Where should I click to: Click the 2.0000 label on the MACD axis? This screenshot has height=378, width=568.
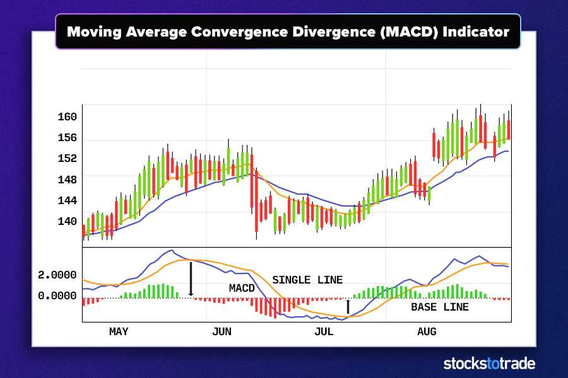[57, 275]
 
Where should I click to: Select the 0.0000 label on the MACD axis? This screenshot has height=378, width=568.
[57, 295]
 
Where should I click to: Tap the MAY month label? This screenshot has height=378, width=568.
[119, 331]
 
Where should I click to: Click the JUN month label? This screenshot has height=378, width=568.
[222, 331]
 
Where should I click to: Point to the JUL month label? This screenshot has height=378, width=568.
[324, 331]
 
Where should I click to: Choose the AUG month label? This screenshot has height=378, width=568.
[427, 331]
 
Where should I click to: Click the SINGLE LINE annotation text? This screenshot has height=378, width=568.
[307, 280]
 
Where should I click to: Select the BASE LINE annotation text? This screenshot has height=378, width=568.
[440, 307]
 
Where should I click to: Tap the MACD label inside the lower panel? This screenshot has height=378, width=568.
[242, 289]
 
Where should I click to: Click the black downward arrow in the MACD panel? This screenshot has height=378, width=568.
[191, 278]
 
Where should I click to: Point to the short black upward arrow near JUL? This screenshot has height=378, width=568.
[348, 307]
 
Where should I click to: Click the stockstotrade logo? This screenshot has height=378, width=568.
[489, 364]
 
